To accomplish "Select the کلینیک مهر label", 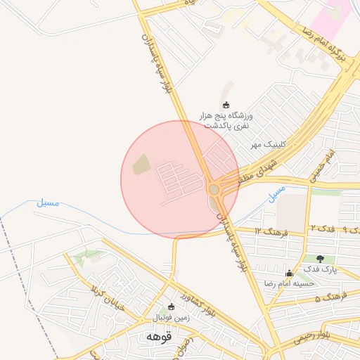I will coord(266,144).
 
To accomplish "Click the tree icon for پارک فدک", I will coord(321,259).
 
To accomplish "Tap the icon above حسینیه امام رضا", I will coord(288,273).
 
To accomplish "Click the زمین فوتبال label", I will coord(169,318).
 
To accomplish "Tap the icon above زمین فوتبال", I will coord(170,307).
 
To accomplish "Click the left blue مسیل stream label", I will coord(48,203).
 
